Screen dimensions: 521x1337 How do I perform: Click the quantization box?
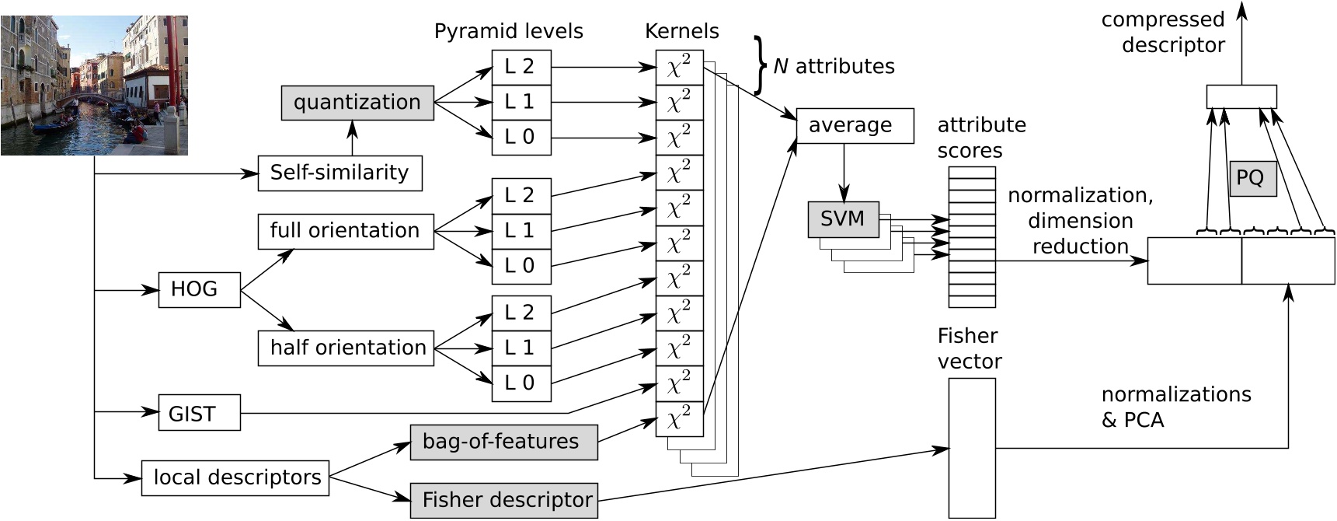357,103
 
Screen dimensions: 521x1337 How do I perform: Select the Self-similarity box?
339,173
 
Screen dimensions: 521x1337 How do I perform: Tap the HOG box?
199,290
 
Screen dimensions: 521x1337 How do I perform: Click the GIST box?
199,413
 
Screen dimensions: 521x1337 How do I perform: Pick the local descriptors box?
235,477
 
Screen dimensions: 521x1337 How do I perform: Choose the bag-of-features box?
503,442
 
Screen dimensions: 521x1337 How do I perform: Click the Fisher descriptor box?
503,500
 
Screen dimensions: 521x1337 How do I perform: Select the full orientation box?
346,231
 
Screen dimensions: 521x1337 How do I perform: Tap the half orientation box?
346,348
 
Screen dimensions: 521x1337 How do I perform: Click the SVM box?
843,219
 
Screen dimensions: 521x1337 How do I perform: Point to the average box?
855,126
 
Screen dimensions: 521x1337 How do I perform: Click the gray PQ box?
1252,178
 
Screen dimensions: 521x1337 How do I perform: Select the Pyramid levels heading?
508,31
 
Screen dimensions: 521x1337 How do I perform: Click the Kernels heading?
681,31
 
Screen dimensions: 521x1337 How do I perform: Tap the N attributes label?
834,66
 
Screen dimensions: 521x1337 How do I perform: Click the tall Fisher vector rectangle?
971,448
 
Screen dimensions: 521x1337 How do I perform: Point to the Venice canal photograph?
94,86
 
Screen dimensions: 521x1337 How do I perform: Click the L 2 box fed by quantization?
521,67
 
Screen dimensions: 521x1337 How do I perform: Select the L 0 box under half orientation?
521,383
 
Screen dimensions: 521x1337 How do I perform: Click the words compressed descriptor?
1164,32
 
